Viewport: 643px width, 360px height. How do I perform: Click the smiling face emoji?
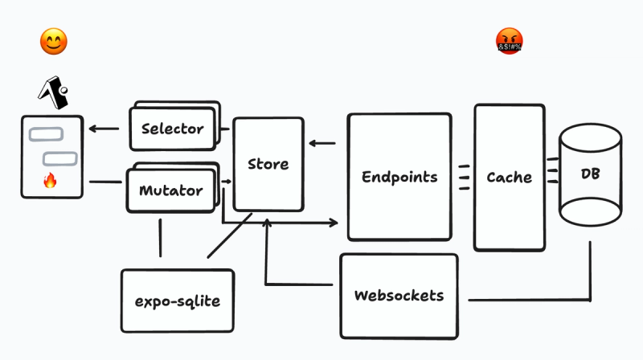[53, 42]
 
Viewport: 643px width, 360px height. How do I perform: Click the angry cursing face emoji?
[510, 41]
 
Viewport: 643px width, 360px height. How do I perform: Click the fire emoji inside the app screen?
[51, 182]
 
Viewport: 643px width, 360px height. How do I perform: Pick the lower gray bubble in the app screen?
[58, 158]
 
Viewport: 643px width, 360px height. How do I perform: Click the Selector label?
[172, 129]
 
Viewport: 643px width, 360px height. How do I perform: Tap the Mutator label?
[170, 191]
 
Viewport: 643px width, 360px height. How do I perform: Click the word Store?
[268, 164]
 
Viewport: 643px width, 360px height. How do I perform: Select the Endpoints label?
[399, 177]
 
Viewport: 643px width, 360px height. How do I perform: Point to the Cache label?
[509, 177]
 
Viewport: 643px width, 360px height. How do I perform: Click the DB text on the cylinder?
[590, 174]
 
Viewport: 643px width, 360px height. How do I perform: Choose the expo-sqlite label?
[178, 301]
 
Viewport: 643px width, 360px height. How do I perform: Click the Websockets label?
[399, 295]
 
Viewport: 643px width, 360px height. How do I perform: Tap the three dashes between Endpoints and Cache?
[464, 177]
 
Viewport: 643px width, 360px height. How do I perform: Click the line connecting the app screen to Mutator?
[104, 182]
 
